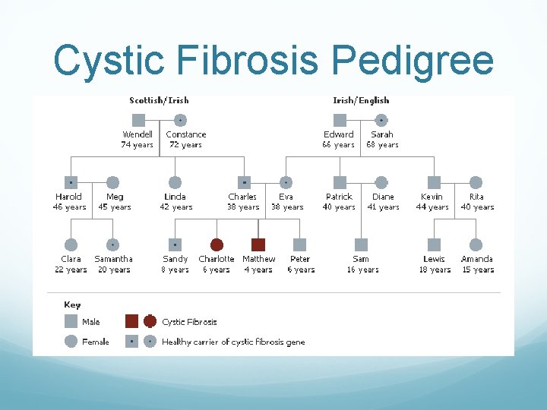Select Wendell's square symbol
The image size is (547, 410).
pyautogui.click(x=138, y=120)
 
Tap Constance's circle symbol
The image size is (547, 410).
pyautogui.click(x=180, y=120)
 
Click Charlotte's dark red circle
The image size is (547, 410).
pyautogui.click(x=217, y=244)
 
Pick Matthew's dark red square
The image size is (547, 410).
pyautogui.click(x=258, y=244)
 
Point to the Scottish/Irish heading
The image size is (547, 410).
pyautogui.click(x=159, y=100)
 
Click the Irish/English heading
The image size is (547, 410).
pyautogui.click(x=361, y=100)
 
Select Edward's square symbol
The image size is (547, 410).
pyautogui.click(x=340, y=120)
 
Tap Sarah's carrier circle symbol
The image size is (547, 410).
pyautogui.click(x=381, y=120)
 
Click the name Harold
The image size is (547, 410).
pyautogui.click(x=69, y=197)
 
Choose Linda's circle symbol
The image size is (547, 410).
pyautogui.click(x=175, y=182)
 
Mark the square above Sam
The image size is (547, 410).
pyautogui.click(x=361, y=244)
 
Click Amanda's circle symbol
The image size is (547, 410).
pyautogui.click(x=476, y=244)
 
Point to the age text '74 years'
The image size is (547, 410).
pyautogui.click(x=138, y=145)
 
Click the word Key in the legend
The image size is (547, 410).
pyautogui.click(x=72, y=304)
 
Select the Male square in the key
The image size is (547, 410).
pyautogui.click(x=71, y=321)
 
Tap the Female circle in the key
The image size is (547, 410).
pyautogui.click(x=71, y=342)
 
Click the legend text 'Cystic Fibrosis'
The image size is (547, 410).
pyautogui.click(x=189, y=322)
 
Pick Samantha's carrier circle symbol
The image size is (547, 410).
pyautogui.click(x=112, y=244)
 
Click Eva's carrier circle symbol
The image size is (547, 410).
pyautogui.click(x=286, y=182)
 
